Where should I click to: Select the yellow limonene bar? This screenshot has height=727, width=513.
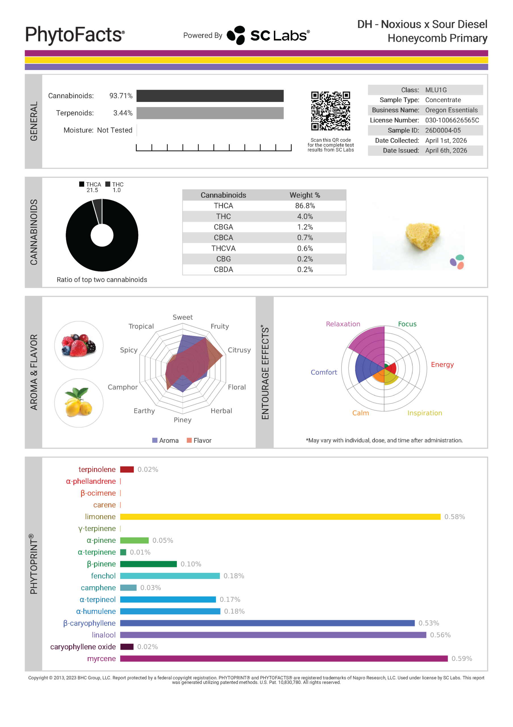coord(280,517)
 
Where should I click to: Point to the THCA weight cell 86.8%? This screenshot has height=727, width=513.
coord(305,206)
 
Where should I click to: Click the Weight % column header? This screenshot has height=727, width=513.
coord(305,195)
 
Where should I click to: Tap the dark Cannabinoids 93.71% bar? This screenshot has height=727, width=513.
coord(210,96)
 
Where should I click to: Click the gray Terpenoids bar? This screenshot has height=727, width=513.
coord(210,113)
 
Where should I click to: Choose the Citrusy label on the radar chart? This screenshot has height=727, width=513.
coord(239,350)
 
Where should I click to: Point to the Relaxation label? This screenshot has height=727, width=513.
coord(343,324)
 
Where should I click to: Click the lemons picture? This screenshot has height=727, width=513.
coord(79,403)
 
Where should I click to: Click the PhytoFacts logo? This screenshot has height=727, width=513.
coord(75,35)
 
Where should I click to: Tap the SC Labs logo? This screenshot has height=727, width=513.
coord(268,35)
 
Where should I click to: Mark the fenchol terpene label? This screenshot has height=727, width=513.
coord(103,576)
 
